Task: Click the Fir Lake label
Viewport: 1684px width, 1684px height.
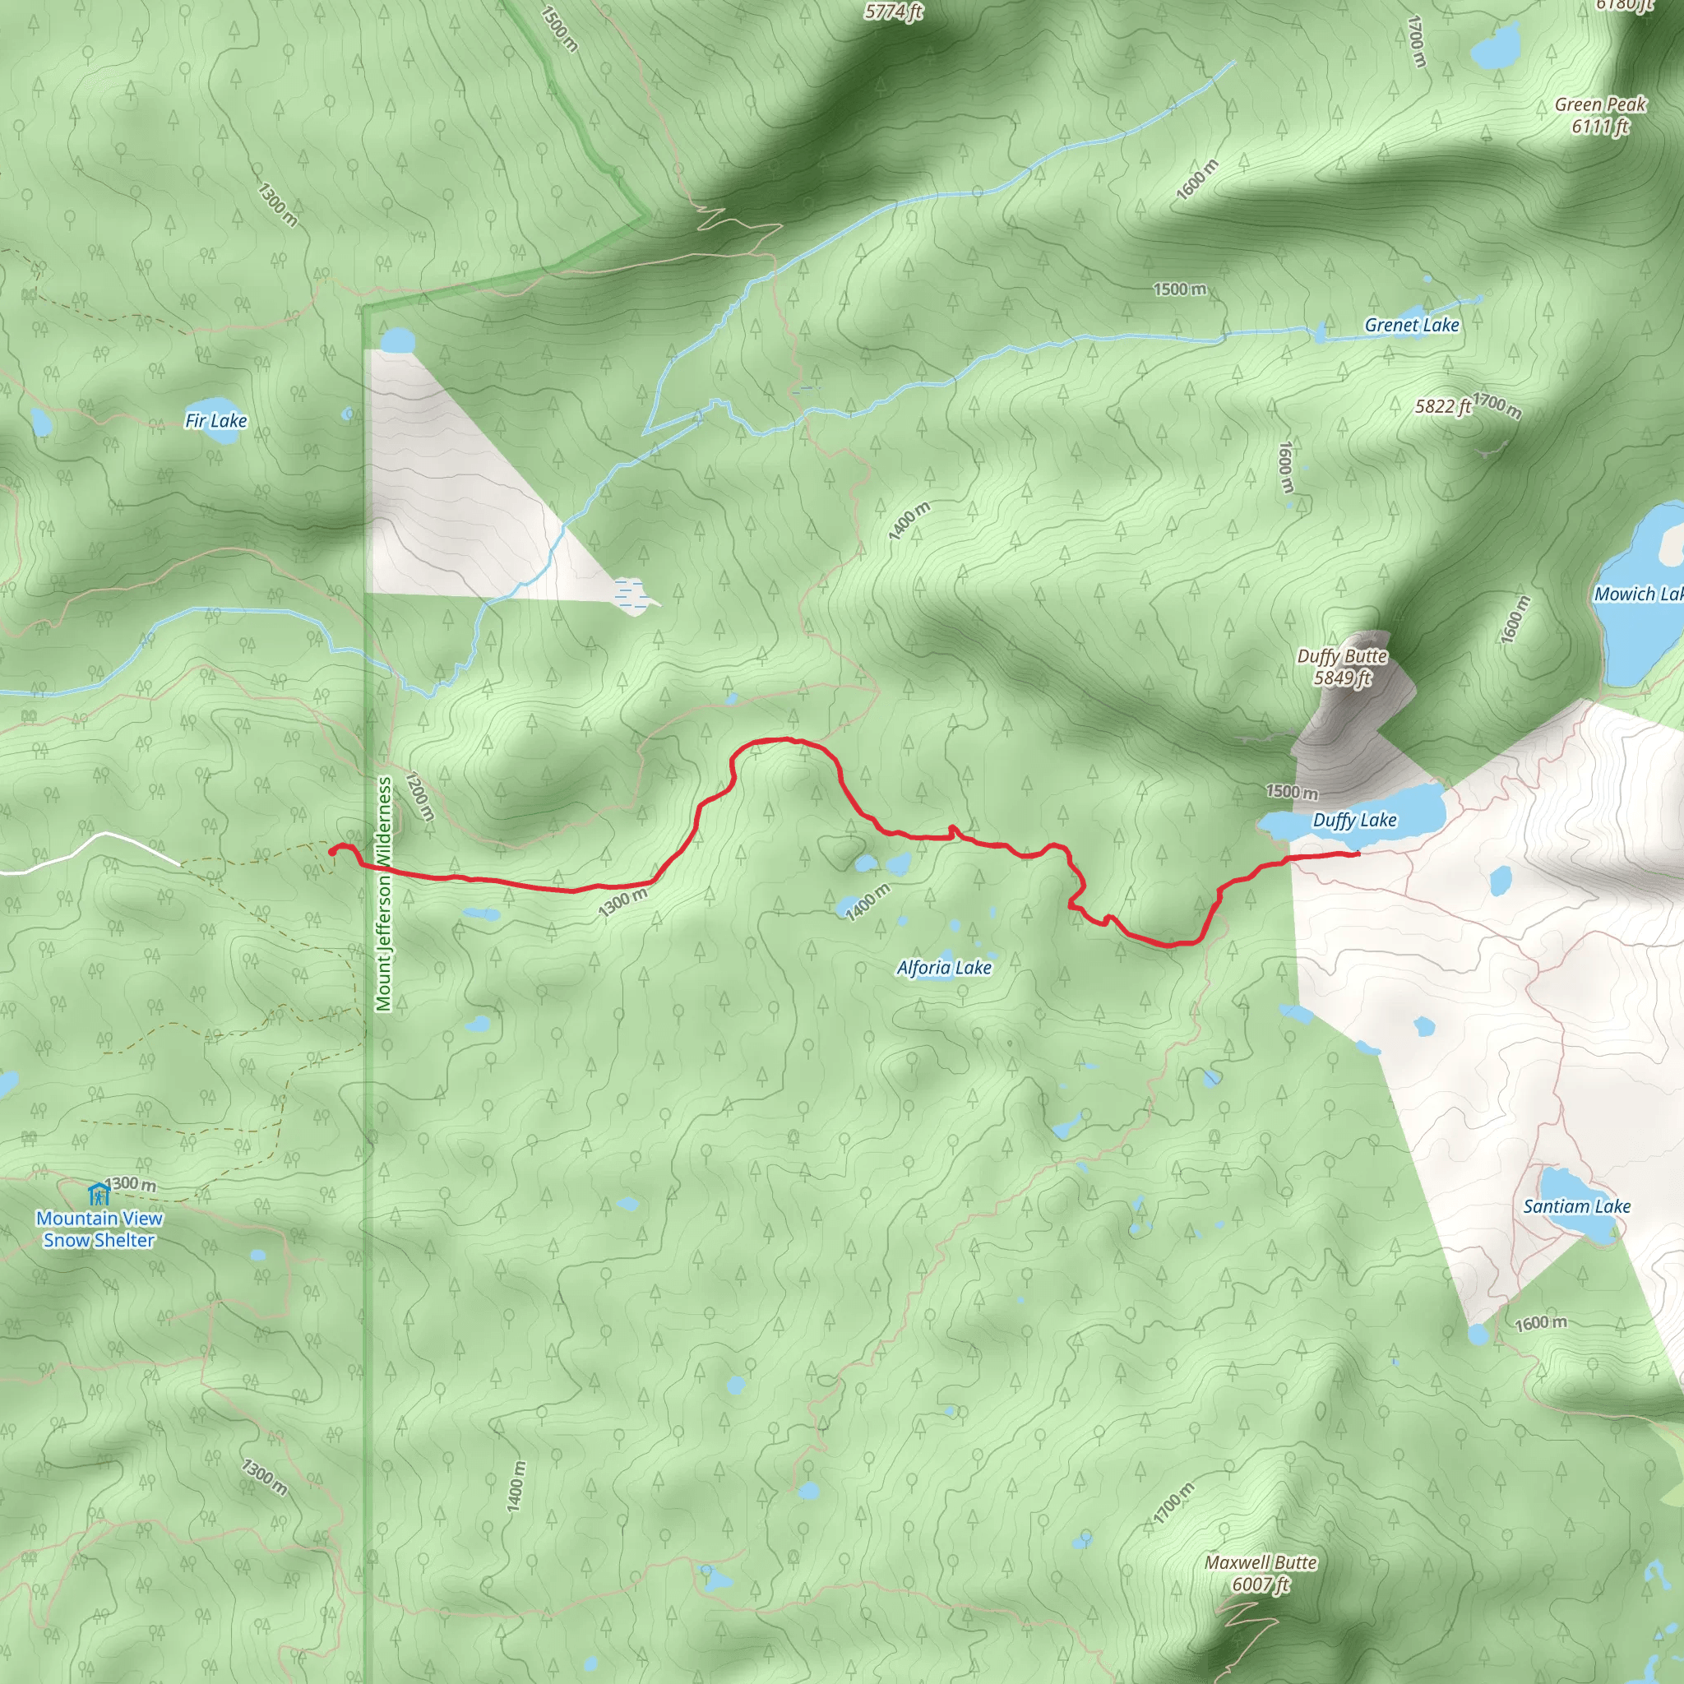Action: coord(216,421)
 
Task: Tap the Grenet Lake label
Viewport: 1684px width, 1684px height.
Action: coord(1411,325)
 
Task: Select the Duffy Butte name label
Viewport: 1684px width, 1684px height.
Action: coord(1341,655)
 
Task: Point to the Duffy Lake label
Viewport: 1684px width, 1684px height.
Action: coord(1354,820)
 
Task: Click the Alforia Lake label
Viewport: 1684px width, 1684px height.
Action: coord(944,968)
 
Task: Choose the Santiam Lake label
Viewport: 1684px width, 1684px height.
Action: coord(1576,1206)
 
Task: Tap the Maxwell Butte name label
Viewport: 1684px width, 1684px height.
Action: coord(1261,1562)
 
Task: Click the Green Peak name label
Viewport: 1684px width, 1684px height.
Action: coord(1600,104)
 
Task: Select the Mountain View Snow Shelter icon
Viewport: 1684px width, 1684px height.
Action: coord(99,1192)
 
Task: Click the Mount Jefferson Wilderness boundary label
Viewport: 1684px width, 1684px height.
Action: coord(383,895)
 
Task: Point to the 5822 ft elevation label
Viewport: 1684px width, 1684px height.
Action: coord(1442,406)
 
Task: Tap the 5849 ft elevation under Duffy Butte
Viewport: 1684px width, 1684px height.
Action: coord(1342,678)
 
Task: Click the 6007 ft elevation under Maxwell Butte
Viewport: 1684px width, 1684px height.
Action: coord(1260,1584)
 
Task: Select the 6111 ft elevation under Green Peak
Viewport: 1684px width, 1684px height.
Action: coord(1600,127)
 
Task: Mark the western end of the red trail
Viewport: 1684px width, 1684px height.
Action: coord(331,851)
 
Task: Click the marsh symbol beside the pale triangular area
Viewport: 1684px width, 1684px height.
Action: coord(628,593)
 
